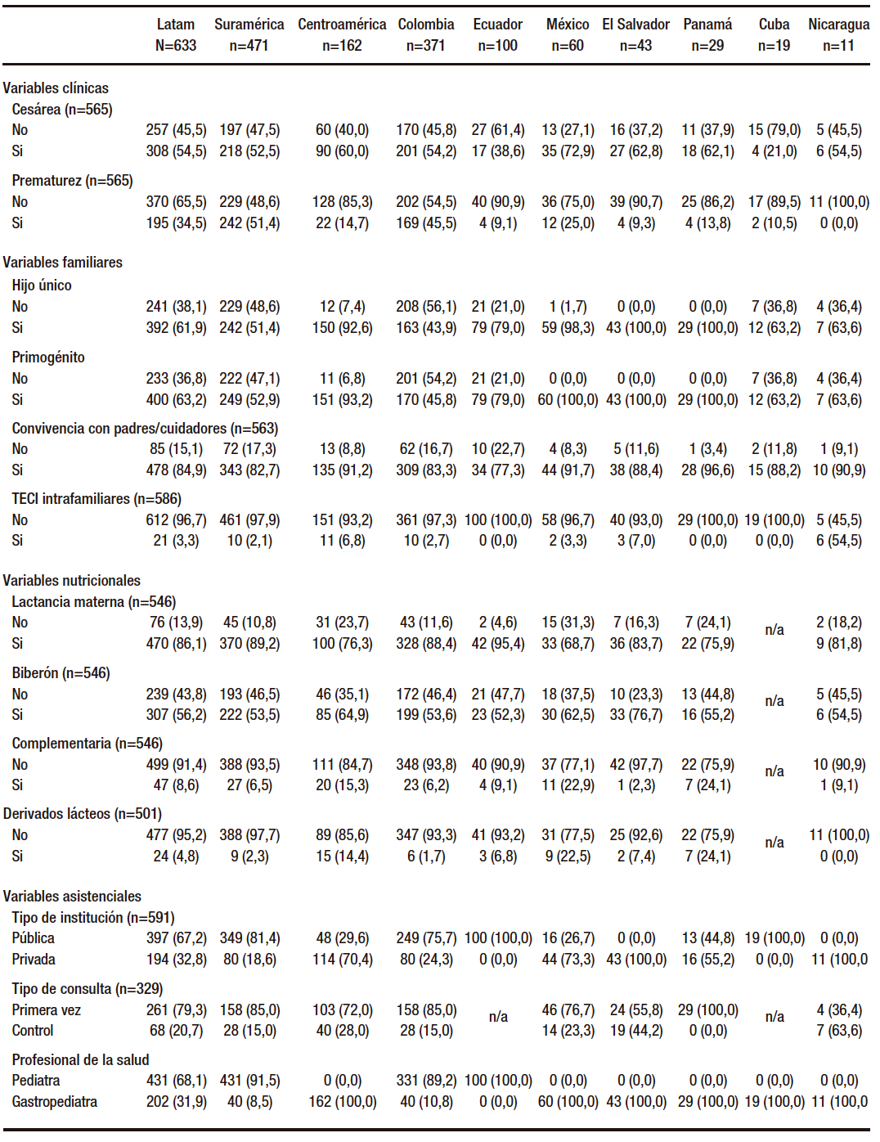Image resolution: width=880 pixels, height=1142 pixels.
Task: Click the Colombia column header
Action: (x=426, y=25)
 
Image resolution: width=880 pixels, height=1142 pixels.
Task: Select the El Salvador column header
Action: (x=635, y=25)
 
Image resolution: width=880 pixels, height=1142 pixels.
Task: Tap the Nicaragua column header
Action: (x=838, y=25)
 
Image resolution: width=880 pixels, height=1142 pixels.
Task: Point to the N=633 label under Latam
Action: (x=176, y=46)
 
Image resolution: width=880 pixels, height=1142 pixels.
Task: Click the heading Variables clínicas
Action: (x=56, y=88)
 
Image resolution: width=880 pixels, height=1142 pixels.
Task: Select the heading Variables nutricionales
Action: (x=71, y=581)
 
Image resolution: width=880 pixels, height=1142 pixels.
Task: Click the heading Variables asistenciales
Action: (x=72, y=897)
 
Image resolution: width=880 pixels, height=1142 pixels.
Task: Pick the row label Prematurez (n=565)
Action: (x=72, y=181)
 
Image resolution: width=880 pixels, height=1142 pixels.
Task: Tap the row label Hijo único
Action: (x=42, y=285)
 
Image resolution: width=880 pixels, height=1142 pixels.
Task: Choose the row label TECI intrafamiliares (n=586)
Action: (x=97, y=499)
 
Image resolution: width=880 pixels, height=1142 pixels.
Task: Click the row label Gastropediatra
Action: (x=54, y=1102)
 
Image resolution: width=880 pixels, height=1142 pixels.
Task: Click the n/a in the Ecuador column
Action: (x=498, y=1017)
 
